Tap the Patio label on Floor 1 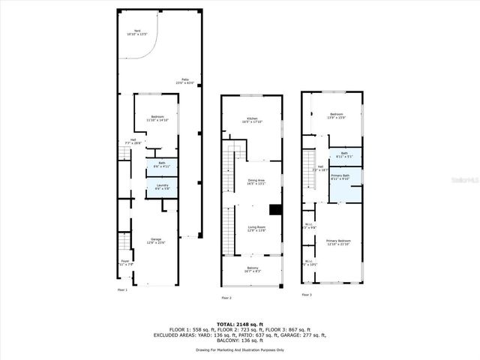click(184, 81)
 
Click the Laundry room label click(162, 186)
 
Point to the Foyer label click(124, 262)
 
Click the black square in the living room click(275, 211)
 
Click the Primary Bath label click(340, 175)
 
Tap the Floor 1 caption click(122, 289)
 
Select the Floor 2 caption click(226, 298)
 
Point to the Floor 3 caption click(306, 295)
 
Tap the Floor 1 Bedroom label click(157, 118)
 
